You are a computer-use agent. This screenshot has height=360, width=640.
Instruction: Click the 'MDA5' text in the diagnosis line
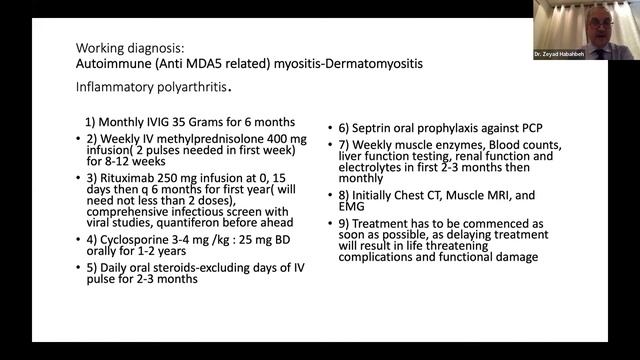pos(186,63)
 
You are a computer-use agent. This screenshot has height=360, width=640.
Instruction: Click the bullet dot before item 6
pos(333,128)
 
